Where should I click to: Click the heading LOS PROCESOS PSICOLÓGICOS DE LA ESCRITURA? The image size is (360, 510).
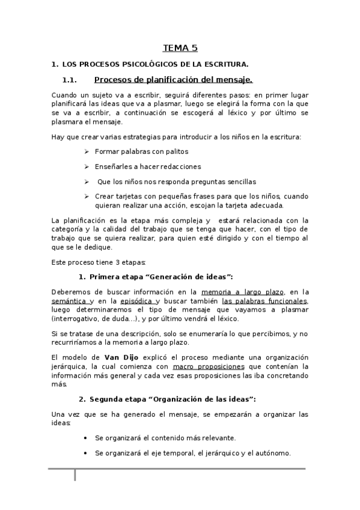click(x=154, y=64)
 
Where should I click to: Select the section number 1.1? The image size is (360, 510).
click(x=71, y=81)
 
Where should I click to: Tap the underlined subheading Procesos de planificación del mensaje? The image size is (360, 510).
click(x=174, y=80)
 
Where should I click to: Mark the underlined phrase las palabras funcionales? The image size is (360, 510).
click(x=264, y=301)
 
